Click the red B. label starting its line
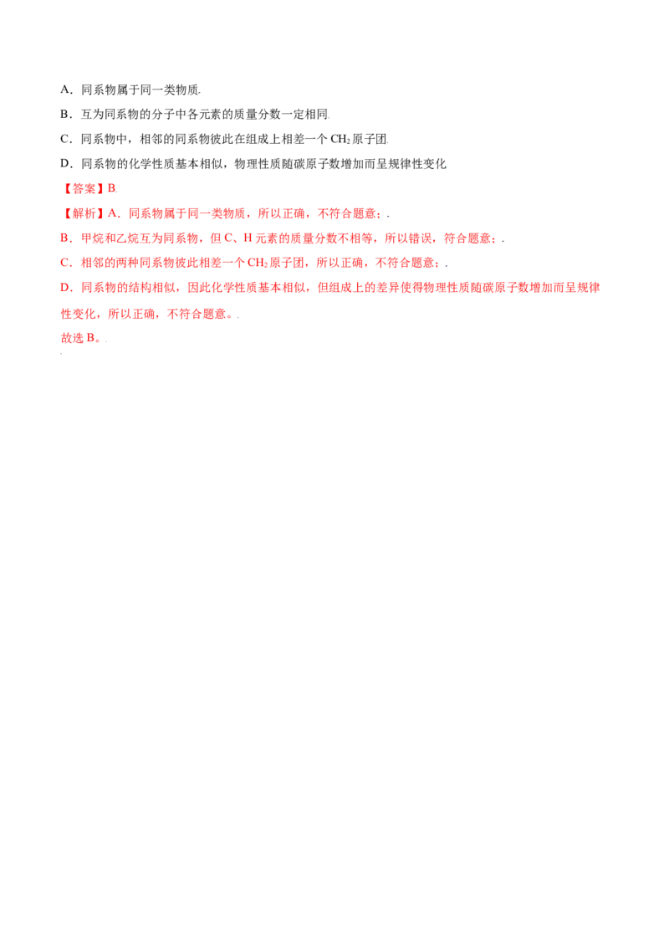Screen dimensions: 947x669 (64, 239)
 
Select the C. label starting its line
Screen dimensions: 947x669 (64, 264)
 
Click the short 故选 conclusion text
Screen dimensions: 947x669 (77, 338)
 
